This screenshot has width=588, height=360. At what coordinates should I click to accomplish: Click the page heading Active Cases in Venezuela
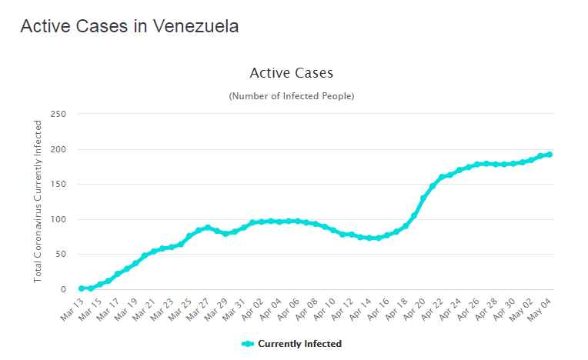tap(129, 26)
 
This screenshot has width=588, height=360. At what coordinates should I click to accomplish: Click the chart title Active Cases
tap(292, 73)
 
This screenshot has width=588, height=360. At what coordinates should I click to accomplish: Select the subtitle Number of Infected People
tap(292, 96)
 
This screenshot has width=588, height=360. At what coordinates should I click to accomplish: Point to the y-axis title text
tap(38, 202)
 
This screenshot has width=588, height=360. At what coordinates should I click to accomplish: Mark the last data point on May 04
tap(550, 155)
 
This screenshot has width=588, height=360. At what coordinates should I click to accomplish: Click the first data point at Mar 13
tap(82, 288)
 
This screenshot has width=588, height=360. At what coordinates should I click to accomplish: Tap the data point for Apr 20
tap(423, 198)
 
